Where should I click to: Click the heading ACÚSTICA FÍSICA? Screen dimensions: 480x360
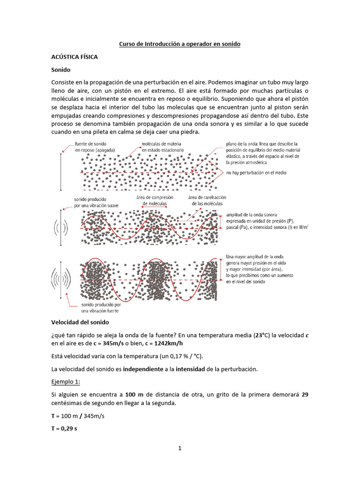75,56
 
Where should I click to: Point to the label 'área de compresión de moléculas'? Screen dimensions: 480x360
155,201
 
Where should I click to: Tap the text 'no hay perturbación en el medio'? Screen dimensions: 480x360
256,173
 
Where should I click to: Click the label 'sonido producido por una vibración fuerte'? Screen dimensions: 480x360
94,307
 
